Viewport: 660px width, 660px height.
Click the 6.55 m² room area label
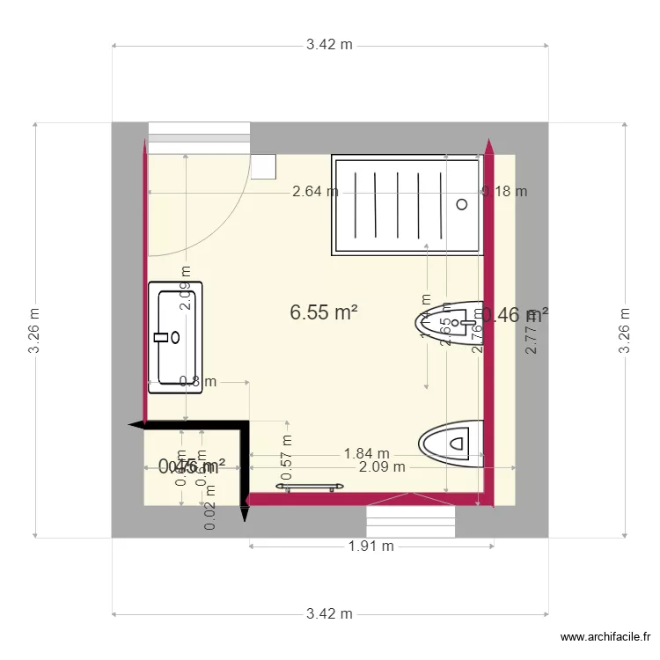[x=323, y=312]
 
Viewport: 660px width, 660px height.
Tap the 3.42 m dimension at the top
[x=329, y=45]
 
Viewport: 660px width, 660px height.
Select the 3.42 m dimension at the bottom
[x=329, y=613]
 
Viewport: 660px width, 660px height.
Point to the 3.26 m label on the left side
[x=33, y=330]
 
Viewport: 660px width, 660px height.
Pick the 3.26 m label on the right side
[x=625, y=330]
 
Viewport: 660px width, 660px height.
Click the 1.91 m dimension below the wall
[x=365, y=546]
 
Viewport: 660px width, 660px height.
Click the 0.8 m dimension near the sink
[x=197, y=382]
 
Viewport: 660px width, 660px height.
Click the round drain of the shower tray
[x=461, y=204]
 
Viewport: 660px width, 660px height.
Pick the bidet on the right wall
[x=451, y=324]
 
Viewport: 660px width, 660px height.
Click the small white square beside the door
[x=263, y=166]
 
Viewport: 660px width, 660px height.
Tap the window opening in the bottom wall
[x=411, y=521]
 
